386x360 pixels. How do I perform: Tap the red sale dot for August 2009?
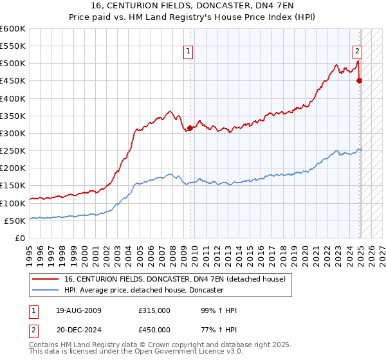pyautogui.click(x=190, y=129)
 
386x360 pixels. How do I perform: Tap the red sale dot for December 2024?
pyautogui.click(x=360, y=80)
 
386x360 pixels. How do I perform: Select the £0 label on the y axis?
pyautogui.click(x=19, y=238)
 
